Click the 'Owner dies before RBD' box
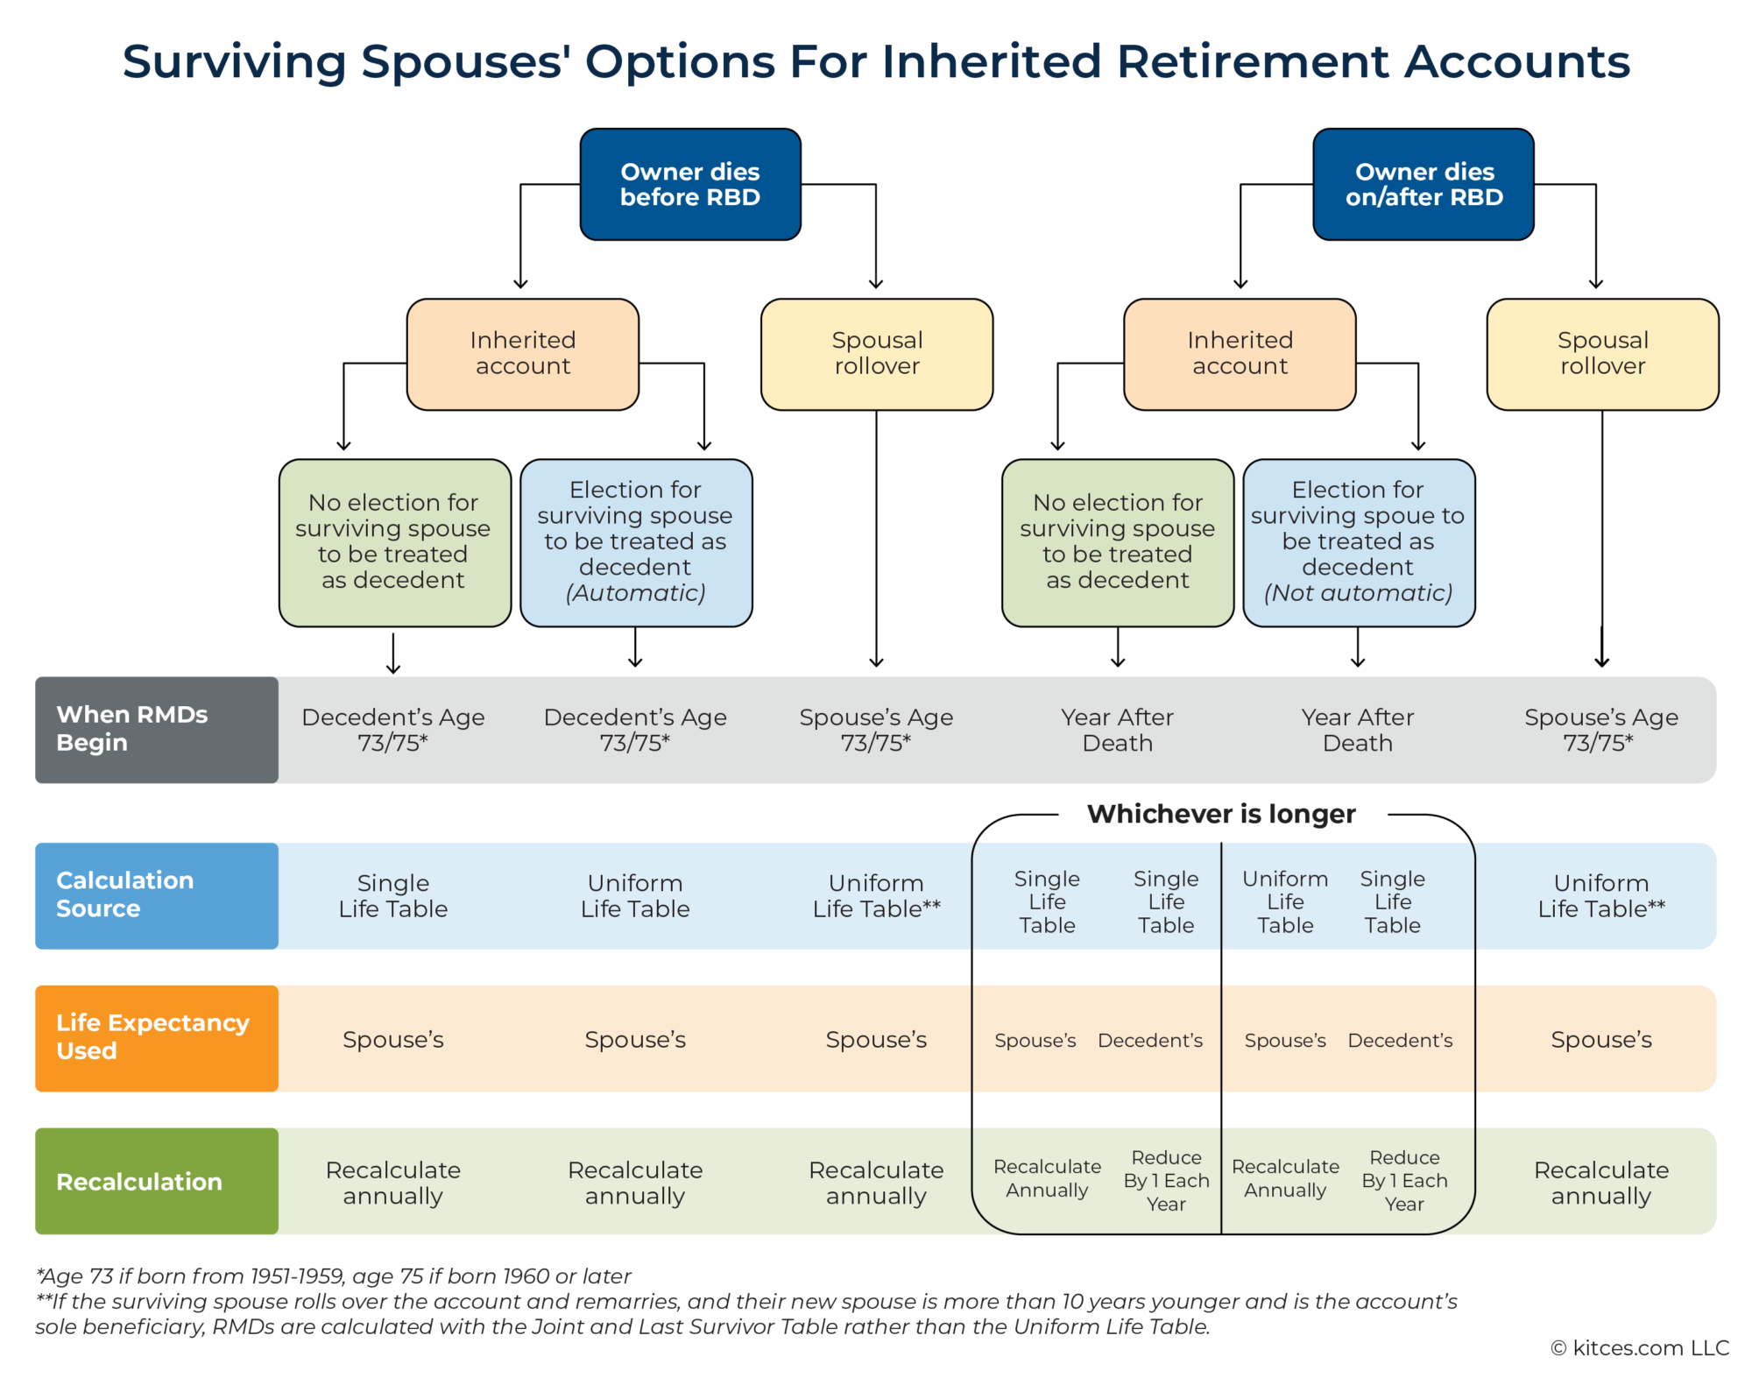(690, 184)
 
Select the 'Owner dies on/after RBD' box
(1423, 184)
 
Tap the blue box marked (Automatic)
(636, 541)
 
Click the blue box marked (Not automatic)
(1358, 541)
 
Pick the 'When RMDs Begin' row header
(156, 729)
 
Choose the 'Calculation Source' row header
(156, 894)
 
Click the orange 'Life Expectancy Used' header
(156, 1037)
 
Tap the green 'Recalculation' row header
(156, 1181)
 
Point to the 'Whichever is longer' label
(1221, 814)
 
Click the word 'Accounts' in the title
(1517, 61)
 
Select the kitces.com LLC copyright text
(1640, 1347)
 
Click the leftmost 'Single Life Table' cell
(393, 895)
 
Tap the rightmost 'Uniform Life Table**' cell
(1600, 895)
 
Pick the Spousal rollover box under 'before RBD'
(877, 354)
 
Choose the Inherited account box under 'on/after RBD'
(1240, 354)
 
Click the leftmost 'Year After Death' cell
(1117, 730)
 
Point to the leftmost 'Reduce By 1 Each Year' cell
(1166, 1180)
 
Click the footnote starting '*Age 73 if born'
(333, 1275)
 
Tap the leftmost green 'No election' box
(394, 541)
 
